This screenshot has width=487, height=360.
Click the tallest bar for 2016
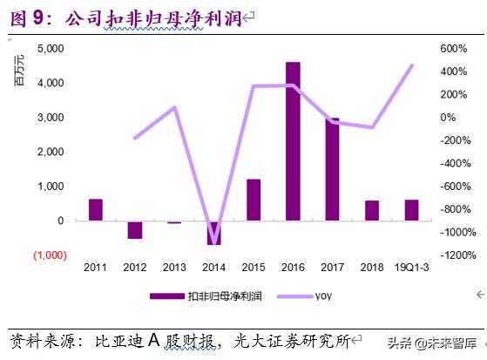293,141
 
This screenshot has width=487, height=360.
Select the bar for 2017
333,169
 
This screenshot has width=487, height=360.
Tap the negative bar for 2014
213,233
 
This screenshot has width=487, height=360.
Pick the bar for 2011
96,210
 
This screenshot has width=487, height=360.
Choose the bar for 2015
254,200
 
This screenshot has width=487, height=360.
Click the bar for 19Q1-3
411,210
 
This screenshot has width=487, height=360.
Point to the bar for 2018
372,211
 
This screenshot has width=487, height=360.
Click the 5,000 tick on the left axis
52,48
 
